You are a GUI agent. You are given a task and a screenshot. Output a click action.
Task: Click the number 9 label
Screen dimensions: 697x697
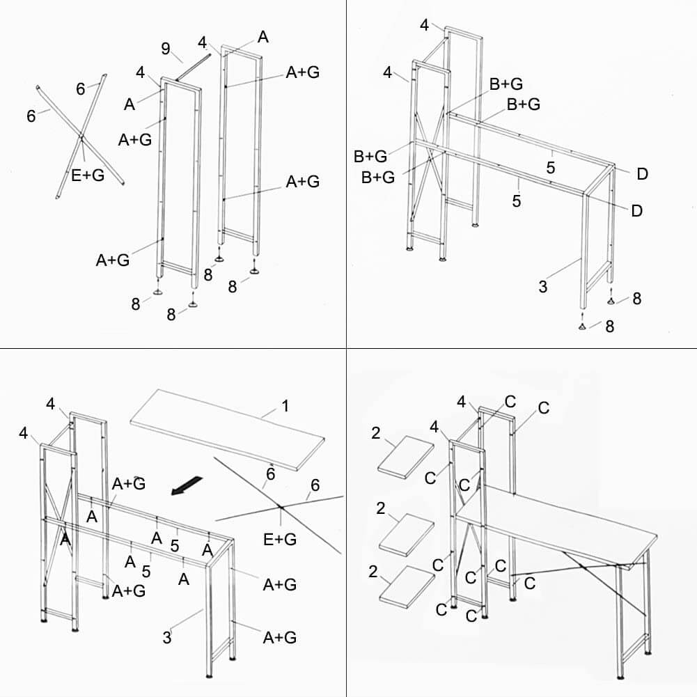[x=166, y=48]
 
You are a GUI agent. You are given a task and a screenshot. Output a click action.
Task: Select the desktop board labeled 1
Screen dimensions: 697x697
[x=227, y=428]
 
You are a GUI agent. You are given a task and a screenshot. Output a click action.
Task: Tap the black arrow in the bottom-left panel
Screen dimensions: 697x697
[x=187, y=485]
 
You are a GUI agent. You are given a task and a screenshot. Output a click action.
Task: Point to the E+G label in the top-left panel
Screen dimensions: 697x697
[x=88, y=175]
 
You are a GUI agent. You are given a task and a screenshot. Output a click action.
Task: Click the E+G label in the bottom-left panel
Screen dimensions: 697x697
[x=279, y=539]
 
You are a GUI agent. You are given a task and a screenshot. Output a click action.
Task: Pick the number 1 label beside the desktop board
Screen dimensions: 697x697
[x=285, y=405]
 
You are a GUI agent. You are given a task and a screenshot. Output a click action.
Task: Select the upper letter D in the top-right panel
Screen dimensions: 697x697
[x=642, y=173]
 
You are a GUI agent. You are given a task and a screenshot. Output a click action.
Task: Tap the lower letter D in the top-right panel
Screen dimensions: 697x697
[x=636, y=210]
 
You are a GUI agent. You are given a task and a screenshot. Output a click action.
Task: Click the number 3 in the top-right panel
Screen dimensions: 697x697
[x=542, y=286]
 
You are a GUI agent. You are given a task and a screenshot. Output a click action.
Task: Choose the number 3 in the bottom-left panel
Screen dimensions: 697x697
[x=167, y=637]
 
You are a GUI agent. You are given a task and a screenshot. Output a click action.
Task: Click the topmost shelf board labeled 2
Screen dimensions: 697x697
[x=407, y=455]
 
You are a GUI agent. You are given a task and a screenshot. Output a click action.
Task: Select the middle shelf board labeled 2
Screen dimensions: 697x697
[x=407, y=535]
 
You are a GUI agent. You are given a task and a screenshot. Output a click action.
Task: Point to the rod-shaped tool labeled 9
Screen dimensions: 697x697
[x=194, y=68]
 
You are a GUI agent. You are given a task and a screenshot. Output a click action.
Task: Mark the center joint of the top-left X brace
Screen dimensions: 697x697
[x=81, y=134]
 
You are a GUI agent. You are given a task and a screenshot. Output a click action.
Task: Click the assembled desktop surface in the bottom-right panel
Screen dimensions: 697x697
[x=557, y=525]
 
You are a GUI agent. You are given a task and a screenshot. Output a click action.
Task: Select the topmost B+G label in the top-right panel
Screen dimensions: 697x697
[x=506, y=84]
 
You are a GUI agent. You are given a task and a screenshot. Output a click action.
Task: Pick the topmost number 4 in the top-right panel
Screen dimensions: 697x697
[x=425, y=26]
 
